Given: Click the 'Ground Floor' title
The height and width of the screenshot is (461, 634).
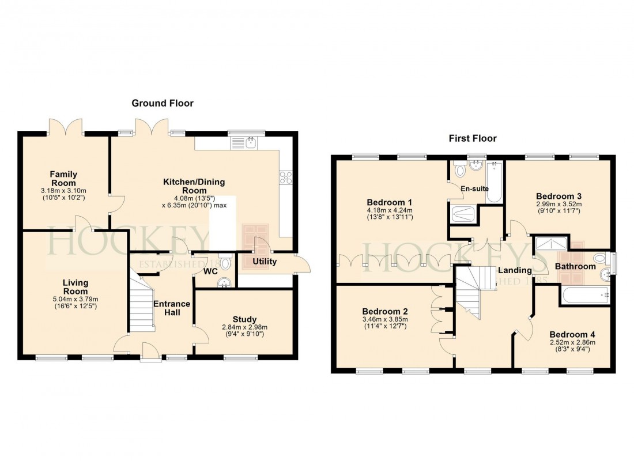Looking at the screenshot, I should (x=163, y=103).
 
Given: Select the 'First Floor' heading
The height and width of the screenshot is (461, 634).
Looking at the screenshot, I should (x=473, y=138).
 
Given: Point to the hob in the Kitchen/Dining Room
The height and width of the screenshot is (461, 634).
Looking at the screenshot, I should (x=286, y=177).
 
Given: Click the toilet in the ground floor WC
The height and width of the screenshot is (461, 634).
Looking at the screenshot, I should (x=225, y=263).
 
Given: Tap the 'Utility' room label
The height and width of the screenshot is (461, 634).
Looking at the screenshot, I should (x=265, y=262).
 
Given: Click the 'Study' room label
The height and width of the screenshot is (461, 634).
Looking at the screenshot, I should (x=244, y=319).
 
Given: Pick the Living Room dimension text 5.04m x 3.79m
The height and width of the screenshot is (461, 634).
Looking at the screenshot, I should (x=76, y=299).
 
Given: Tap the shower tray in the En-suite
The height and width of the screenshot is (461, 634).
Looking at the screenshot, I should (x=465, y=214).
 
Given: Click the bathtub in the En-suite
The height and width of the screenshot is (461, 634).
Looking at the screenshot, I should (x=494, y=182).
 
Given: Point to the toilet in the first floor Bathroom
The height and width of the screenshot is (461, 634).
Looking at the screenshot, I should (x=600, y=258).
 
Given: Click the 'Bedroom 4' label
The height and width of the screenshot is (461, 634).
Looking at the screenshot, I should (x=572, y=335).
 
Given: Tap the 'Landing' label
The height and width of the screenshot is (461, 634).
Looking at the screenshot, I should (x=515, y=270).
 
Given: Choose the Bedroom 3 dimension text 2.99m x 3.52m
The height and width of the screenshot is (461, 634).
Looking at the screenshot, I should (x=558, y=204).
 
